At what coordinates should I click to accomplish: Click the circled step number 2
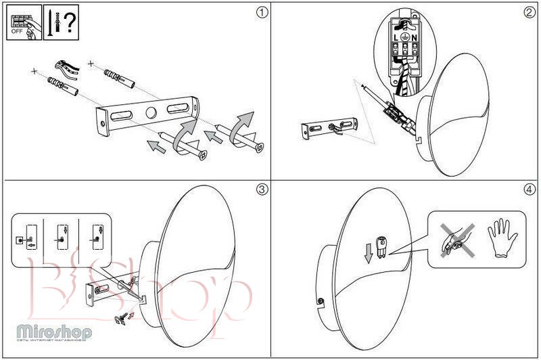[529, 12]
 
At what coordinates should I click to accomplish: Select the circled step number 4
[529, 189]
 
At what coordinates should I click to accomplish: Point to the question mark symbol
[68, 22]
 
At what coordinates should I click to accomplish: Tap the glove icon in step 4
[502, 238]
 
